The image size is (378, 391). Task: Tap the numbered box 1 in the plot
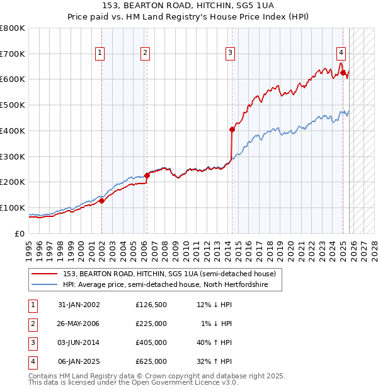[x=100, y=54]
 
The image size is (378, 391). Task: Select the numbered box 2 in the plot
[x=146, y=54]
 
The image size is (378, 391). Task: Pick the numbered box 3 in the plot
[x=231, y=54]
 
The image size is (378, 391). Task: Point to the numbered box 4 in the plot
[x=341, y=54]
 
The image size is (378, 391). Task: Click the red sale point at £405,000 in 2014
[x=232, y=129]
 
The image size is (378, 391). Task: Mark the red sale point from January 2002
[x=101, y=201]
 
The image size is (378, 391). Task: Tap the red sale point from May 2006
[x=147, y=175]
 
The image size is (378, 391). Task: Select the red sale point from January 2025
[x=343, y=73]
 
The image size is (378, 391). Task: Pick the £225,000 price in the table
[x=151, y=324]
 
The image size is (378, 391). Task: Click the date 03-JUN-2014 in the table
[x=79, y=342]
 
